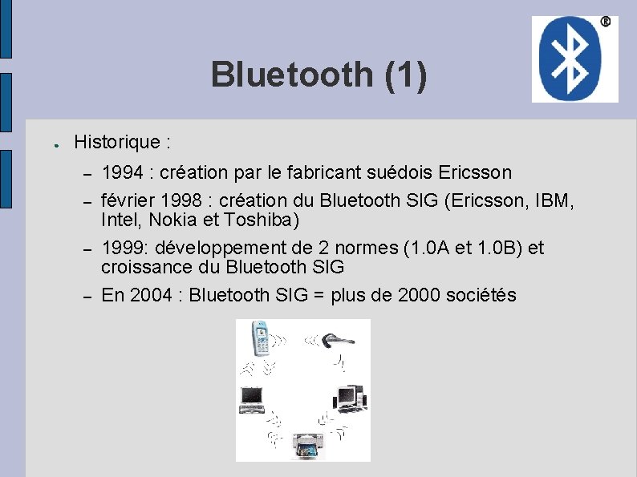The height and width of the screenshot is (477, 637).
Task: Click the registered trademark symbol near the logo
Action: [605, 22]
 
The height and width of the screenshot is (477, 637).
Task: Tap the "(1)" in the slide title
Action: [406, 75]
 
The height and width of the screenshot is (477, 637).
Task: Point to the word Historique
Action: [117, 143]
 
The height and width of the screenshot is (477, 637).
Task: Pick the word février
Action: [127, 200]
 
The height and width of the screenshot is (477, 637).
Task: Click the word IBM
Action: [553, 200]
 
